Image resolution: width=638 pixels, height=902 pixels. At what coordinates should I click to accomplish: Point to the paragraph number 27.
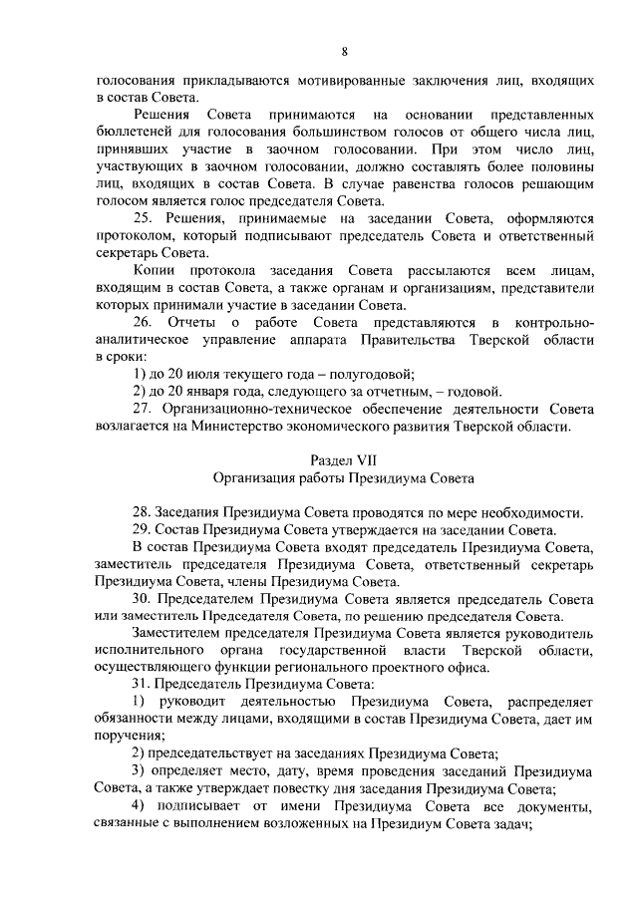click(143, 411)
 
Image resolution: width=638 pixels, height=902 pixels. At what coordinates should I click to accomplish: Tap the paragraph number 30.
click(143, 598)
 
